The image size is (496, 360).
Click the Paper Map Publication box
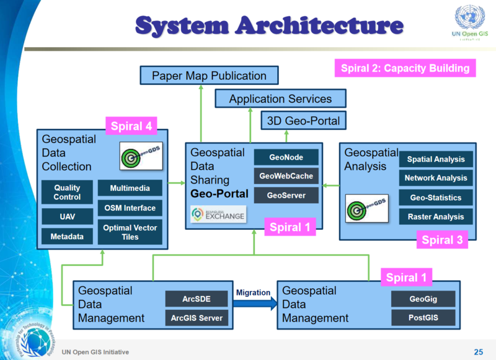[x=209, y=76]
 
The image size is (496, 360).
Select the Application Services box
[x=280, y=99]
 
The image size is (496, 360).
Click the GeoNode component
[x=286, y=157]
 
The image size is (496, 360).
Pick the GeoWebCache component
[x=286, y=176]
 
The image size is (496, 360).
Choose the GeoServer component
[x=286, y=195]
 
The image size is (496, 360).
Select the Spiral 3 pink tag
[x=441, y=240]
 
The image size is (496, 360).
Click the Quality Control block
[x=67, y=192]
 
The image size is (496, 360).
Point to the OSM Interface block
[x=130, y=208]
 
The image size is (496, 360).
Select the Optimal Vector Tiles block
[x=130, y=232]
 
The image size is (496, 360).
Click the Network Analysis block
[x=435, y=178]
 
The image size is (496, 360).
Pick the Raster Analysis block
[x=435, y=217]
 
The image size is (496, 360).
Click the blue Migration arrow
[x=254, y=303]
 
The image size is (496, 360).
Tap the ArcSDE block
[x=197, y=299]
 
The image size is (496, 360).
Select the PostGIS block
[x=423, y=318]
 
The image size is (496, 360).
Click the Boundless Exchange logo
[x=218, y=214]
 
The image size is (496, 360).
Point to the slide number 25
[x=478, y=351]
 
